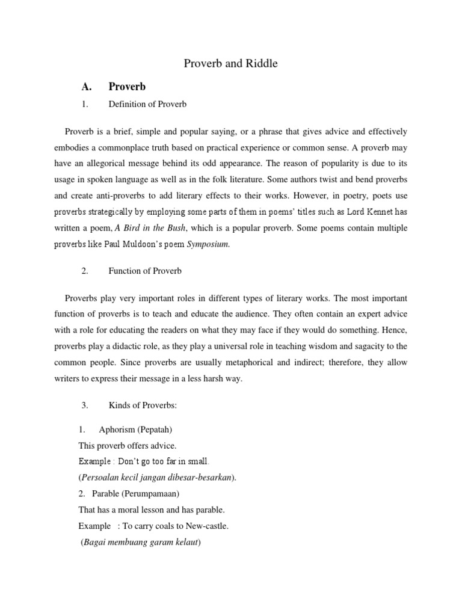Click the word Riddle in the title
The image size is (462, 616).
click(261, 63)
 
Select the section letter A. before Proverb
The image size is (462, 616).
click(86, 87)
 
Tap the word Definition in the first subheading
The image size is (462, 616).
click(127, 104)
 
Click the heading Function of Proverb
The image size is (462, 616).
click(145, 271)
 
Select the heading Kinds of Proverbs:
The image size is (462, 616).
click(143, 405)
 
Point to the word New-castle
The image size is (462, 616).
click(208, 526)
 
